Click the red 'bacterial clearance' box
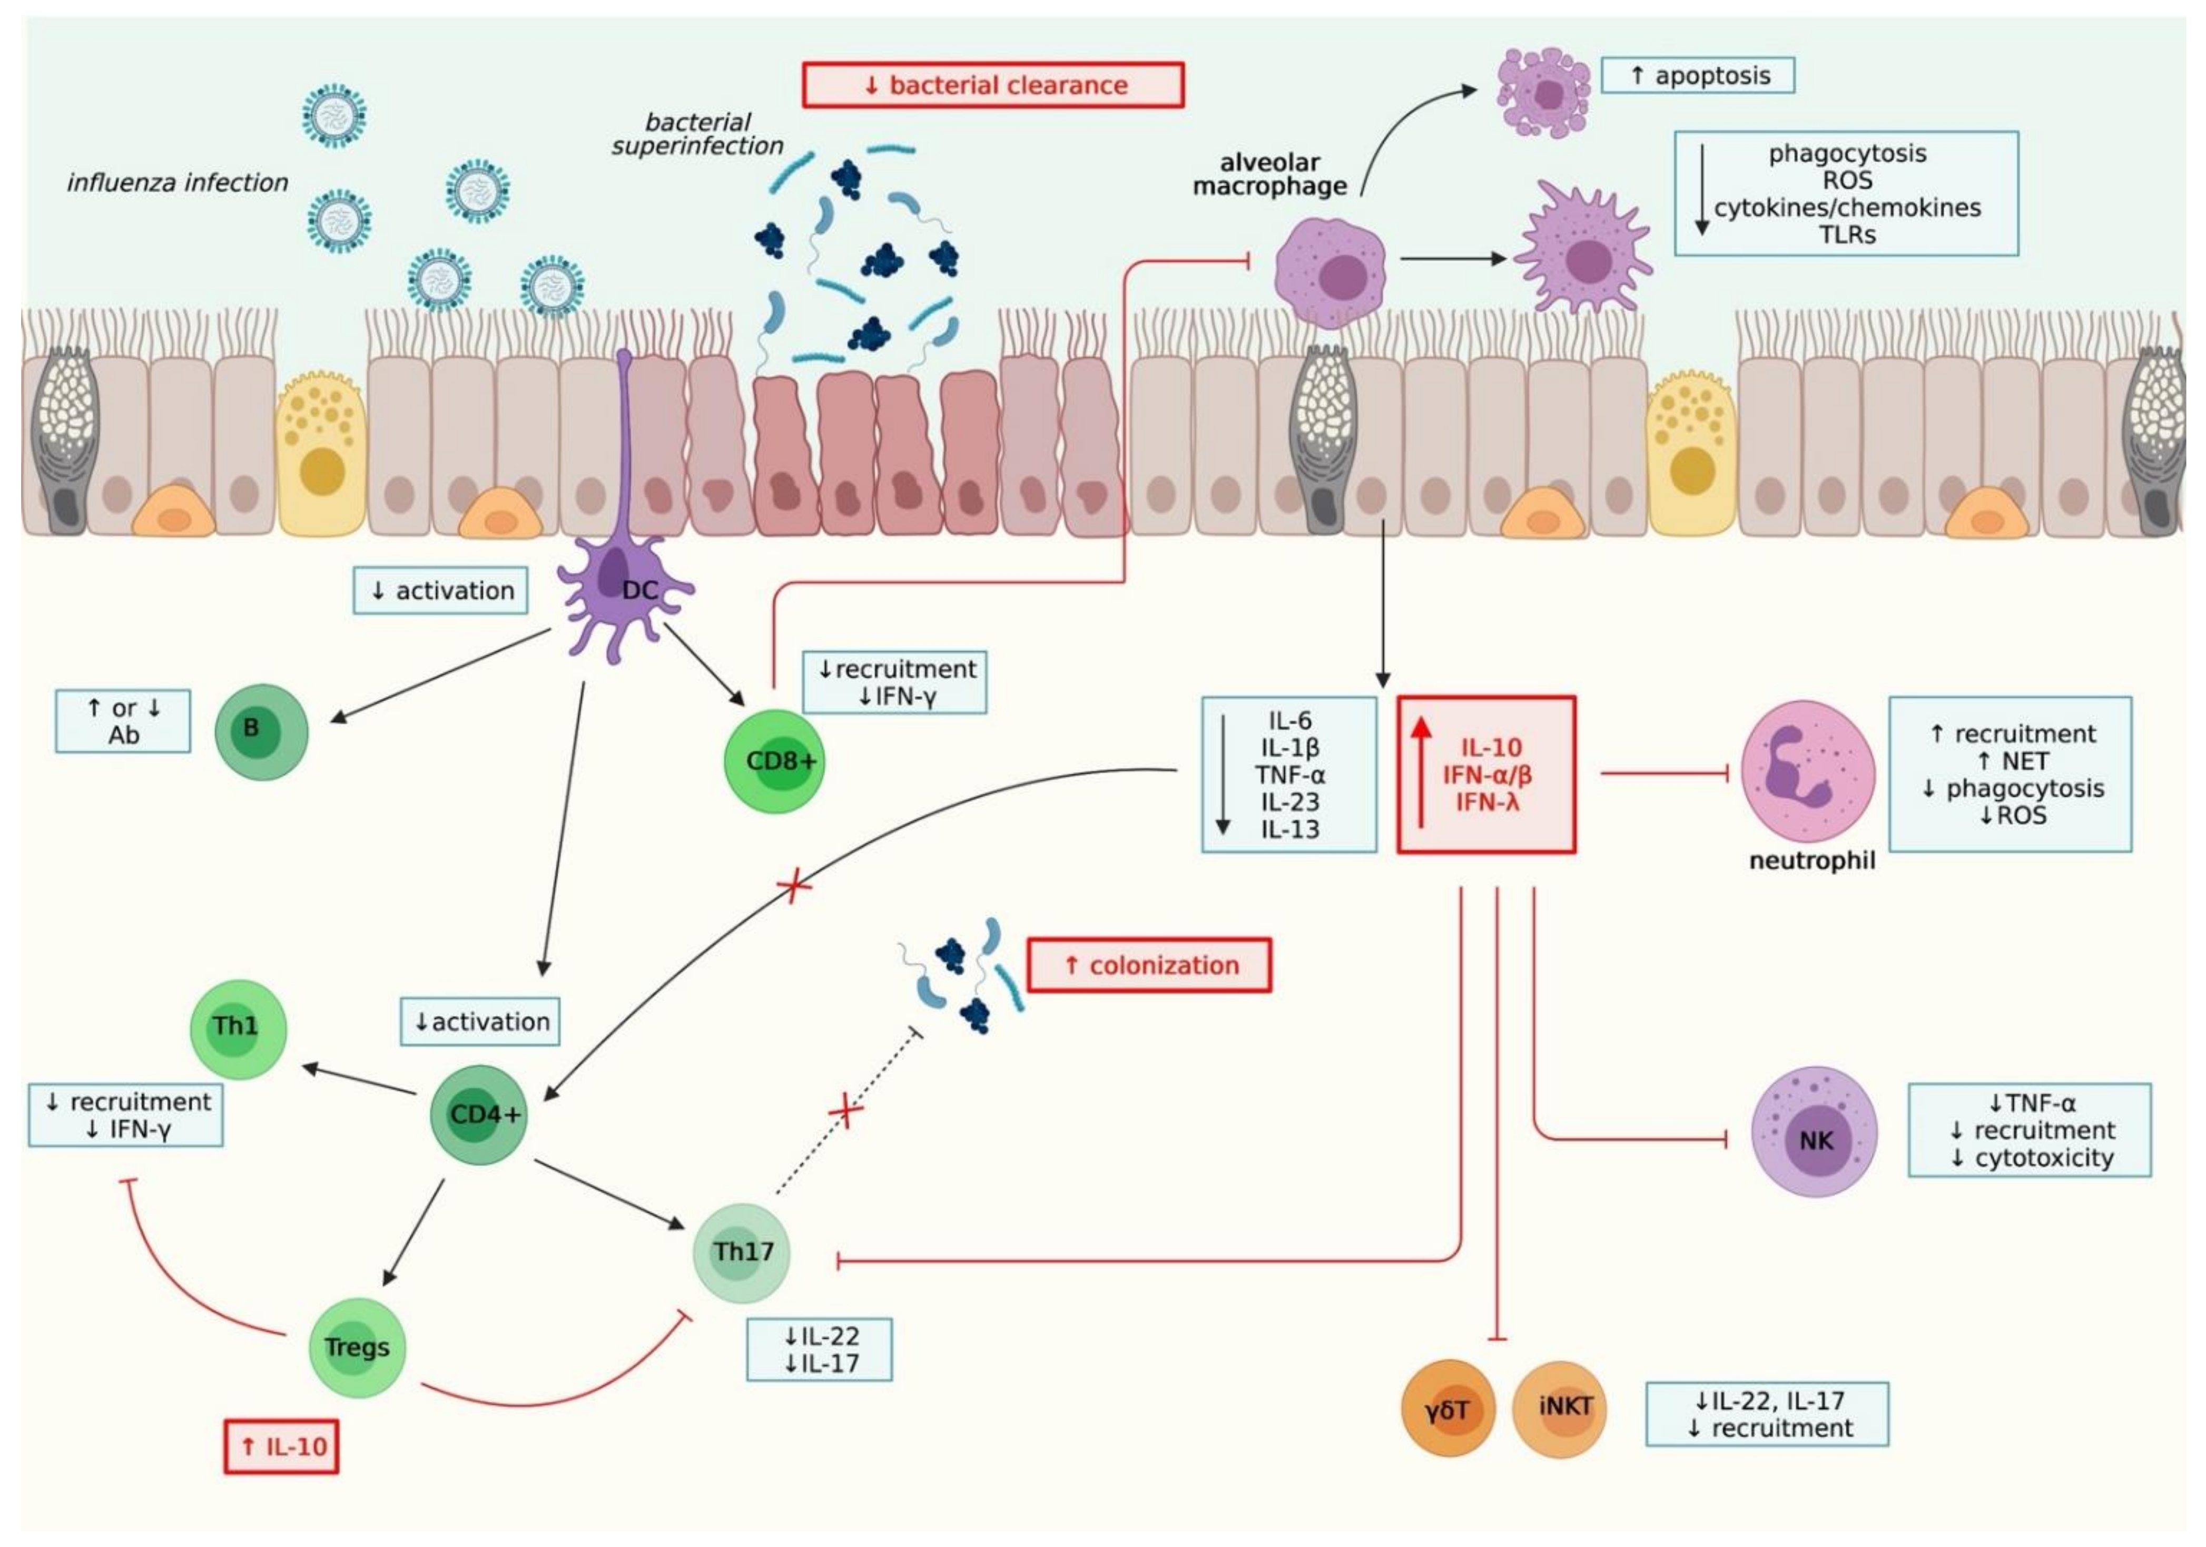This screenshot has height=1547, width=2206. click(x=992, y=85)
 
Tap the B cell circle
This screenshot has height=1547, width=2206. click(x=261, y=732)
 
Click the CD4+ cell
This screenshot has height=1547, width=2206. click(x=478, y=1114)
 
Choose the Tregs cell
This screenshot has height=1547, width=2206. click(x=357, y=1347)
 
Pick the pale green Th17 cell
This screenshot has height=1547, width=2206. click(x=742, y=1252)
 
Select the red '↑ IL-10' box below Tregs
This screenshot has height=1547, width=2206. click(x=281, y=1446)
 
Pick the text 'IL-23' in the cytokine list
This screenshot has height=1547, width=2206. click(x=1289, y=801)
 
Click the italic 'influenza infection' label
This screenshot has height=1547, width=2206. click(x=178, y=182)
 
